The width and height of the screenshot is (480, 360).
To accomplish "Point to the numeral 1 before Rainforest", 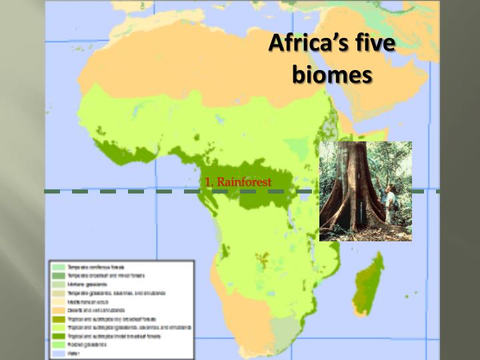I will pos(208,182).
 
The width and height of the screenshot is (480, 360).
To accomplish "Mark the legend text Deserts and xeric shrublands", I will pos(96,310).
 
